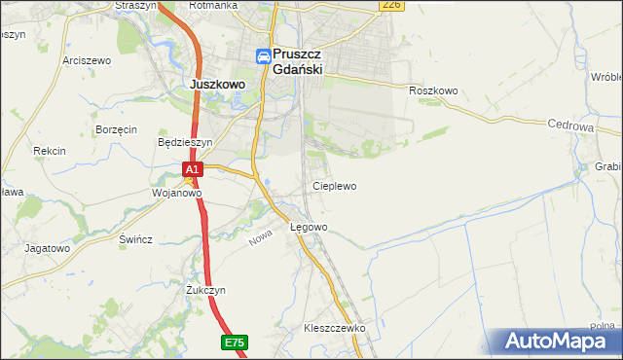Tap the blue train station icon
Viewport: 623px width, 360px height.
coord(264,57)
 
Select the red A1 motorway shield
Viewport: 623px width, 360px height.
coord(193,169)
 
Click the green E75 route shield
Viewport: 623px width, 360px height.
coord(234,342)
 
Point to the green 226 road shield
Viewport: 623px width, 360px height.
coord(391,5)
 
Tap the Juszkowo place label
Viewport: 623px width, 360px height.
coord(216,85)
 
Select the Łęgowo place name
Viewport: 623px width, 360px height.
coord(310,228)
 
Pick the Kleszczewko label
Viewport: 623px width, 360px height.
coord(334,329)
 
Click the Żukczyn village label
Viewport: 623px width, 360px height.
coord(205,290)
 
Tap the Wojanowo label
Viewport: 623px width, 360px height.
coord(176,193)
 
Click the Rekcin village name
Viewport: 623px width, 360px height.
coord(49,151)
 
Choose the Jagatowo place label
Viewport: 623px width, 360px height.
coord(48,248)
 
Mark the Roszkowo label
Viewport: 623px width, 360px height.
coord(433,90)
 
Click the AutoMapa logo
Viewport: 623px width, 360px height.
coord(559,342)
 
